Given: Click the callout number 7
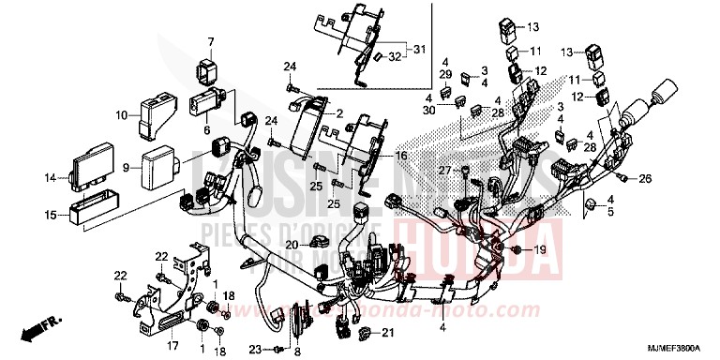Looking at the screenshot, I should click(x=210, y=41).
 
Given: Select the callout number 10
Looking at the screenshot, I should click(x=121, y=115).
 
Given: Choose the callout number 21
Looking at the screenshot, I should click(x=387, y=333).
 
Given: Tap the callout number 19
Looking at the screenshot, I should click(x=541, y=249).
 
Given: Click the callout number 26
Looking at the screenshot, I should click(x=672, y=177).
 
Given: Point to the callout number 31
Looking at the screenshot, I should click(x=418, y=50).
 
